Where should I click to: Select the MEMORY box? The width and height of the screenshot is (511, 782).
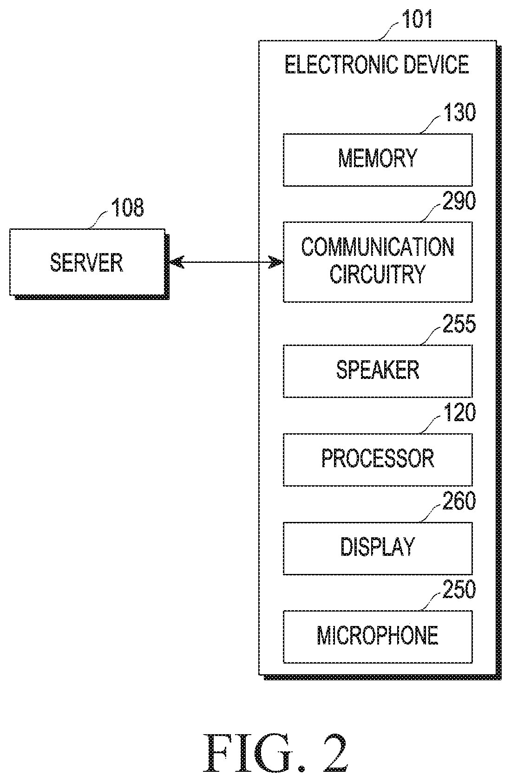click(378, 160)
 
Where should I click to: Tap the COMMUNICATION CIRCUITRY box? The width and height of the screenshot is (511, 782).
click(378, 261)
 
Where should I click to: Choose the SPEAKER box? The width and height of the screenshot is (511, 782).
click(378, 371)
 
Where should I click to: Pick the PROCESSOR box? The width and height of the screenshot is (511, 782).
click(378, 459)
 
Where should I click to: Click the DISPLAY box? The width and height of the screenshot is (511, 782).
click(378, 548)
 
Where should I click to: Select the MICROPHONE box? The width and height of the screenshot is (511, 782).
click(378, 637)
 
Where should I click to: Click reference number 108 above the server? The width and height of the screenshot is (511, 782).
click(127, 208)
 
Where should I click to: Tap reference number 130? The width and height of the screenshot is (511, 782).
click(459, 112)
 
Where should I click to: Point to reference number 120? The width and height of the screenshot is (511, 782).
click(459, 412)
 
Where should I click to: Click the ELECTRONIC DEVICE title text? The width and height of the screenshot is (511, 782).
click(377, 65)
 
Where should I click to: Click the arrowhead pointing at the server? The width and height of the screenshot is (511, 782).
click(176, 262)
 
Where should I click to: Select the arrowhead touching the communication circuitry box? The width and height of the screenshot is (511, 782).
click(276, 262)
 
